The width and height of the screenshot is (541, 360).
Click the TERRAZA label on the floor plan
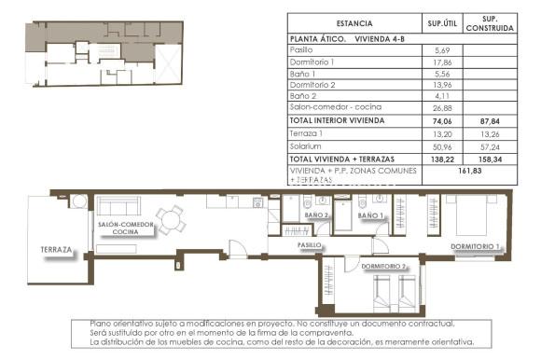pos(56,250)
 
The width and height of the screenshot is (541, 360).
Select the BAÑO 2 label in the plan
pos(318,215)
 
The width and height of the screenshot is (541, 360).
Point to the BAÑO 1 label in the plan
pos(370,215)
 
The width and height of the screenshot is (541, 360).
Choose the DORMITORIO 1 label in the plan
pos(476,246)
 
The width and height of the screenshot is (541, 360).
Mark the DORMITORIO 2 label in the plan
pos(382,266)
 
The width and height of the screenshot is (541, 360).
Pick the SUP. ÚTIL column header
pos(441,23)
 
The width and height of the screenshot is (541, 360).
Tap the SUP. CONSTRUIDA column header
pos(495,23)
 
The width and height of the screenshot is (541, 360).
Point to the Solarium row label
pos(305,145)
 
